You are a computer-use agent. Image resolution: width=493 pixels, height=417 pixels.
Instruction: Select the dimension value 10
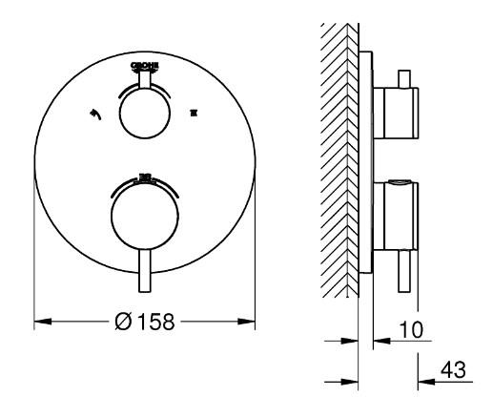click(x=413, y=330)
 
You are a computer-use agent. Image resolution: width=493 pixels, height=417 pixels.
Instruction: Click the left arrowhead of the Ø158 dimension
click(x=40, y=322)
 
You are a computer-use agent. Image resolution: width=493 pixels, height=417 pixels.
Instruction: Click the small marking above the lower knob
click(x=145, y=177)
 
